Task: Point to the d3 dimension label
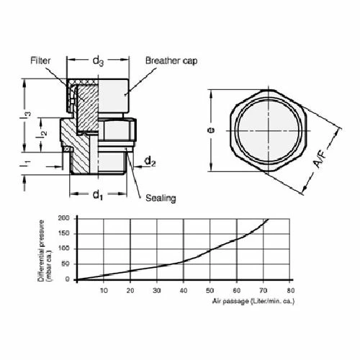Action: click(98, 63)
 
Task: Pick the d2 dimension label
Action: click(150, 161)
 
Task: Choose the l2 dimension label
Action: click(44, 132)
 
